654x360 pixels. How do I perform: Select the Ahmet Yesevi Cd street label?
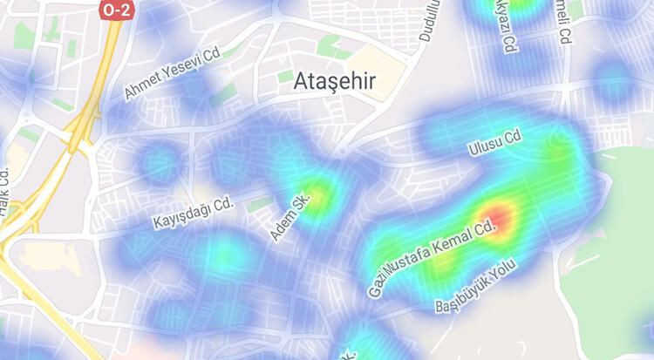point(173,74)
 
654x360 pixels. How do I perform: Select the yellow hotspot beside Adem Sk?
point(319,194)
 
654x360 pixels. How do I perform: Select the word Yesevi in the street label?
point(184,68)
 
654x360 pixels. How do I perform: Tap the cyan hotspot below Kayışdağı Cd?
point(225,254)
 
